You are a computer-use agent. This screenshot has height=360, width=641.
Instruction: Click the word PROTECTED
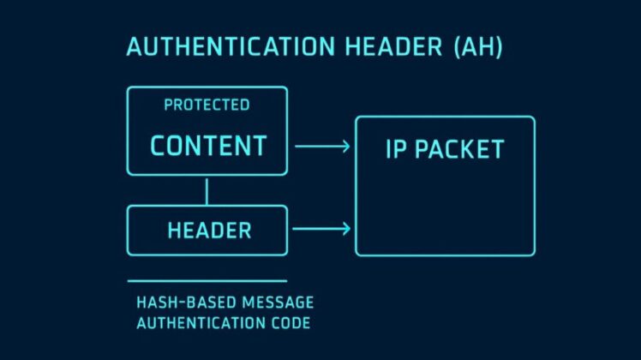(x=207, y=105)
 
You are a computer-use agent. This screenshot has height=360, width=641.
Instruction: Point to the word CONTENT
(x=208, y=145)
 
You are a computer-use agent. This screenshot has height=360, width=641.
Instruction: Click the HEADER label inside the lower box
(x=209, y=230)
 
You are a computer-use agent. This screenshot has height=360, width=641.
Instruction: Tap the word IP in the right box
(x=396, y=149)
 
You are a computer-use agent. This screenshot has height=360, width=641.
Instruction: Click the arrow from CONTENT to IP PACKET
(x=321, y=147)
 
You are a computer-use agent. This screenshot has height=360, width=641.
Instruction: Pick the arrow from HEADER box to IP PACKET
(x=321, y=229)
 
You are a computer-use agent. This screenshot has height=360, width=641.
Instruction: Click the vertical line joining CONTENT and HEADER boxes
(x=207, y=190)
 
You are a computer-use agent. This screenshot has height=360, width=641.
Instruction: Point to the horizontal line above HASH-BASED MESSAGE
(x=207, y=280)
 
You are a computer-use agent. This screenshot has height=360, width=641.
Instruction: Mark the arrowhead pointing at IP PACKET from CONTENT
(x=345, y=147)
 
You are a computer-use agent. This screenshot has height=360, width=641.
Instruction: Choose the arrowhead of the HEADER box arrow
(x=345, y=229)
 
